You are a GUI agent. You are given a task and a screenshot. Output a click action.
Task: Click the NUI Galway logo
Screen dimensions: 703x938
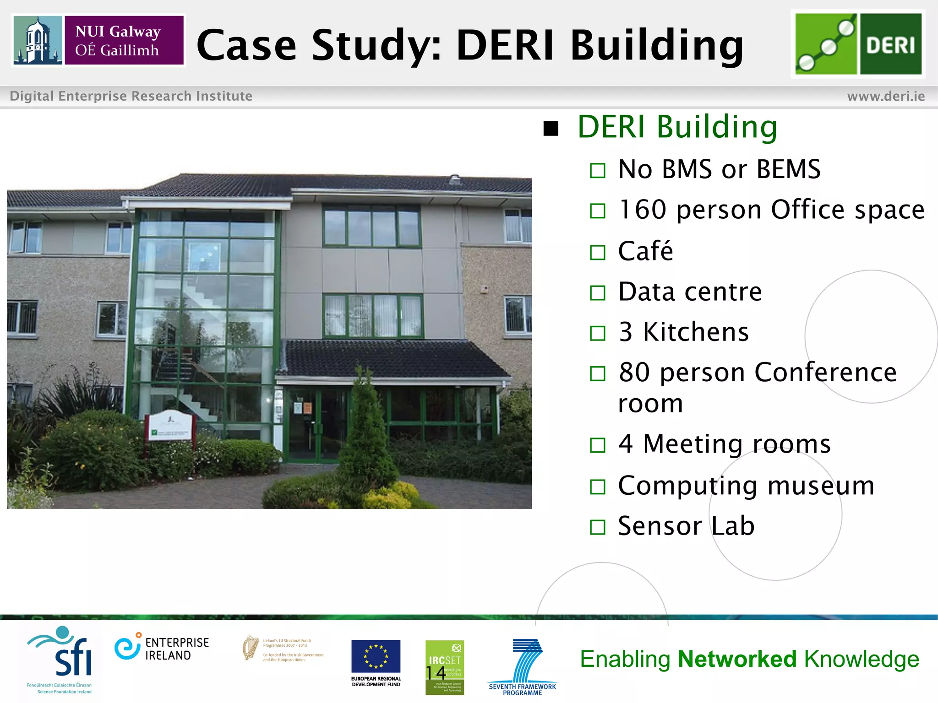point(98,40)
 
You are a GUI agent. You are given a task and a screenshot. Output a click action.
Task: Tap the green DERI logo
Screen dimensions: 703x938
point(858,44)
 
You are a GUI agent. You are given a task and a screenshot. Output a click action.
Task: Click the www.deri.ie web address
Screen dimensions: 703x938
point(886,96)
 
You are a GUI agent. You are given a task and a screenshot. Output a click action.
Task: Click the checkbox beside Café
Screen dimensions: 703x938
point(598,252)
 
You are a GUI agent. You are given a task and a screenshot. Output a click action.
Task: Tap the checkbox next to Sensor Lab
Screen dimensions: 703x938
point(598,527)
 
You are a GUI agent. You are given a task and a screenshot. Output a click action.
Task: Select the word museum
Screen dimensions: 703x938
point(821,486)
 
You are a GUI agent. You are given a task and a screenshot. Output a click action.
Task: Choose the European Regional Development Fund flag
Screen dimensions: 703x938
point(376,656)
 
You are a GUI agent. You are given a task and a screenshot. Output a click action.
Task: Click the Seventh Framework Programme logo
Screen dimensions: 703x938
point(523,666)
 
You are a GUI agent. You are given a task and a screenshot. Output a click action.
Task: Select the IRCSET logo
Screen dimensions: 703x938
point(444,667)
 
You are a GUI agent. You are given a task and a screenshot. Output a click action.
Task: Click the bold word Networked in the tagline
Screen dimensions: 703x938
point(737,659)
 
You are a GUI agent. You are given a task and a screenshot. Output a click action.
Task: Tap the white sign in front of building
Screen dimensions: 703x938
point(169,426)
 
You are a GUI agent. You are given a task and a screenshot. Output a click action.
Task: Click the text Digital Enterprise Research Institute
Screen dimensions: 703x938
point(131,96)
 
